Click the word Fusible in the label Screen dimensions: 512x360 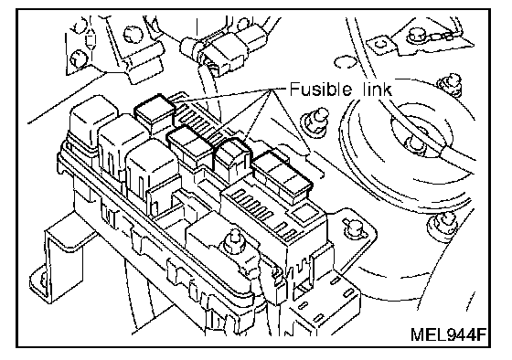(x=321, y=90)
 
